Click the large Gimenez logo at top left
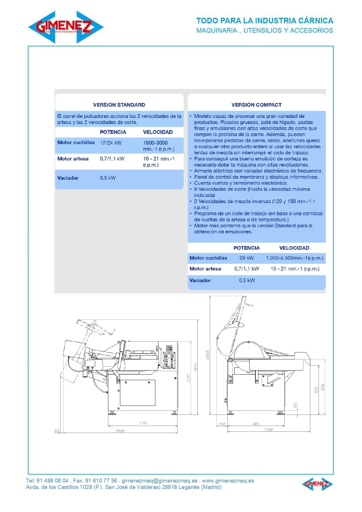click(x=66, y=27)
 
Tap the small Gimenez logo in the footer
click(x=317, y=484)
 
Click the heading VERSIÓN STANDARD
click(x=119, y=105)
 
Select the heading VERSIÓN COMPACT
click(x=256, y=105)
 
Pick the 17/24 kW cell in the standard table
click(x=111, y=143)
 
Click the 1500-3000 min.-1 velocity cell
click(x=159, y=146)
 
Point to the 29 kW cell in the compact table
click(x=246, y=258)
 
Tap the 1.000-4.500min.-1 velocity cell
click(x=294, y=258)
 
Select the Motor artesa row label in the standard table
click(x=73, y=159)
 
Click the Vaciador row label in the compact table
click(x=200, y=280)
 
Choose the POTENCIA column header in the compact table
click(x=246, y=248)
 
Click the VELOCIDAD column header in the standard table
click(x=158, y=132)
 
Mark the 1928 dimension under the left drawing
click(x=120, y=431)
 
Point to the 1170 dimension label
click(x=142, y=423)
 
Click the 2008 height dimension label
click(x=208, y=355)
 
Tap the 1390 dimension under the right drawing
click(x=268, y=429)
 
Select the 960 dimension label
click(x=256, y=424)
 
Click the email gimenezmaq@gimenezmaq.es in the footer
click(x=159, y=480)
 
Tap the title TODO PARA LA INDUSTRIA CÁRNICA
click(x=264, y=21)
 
